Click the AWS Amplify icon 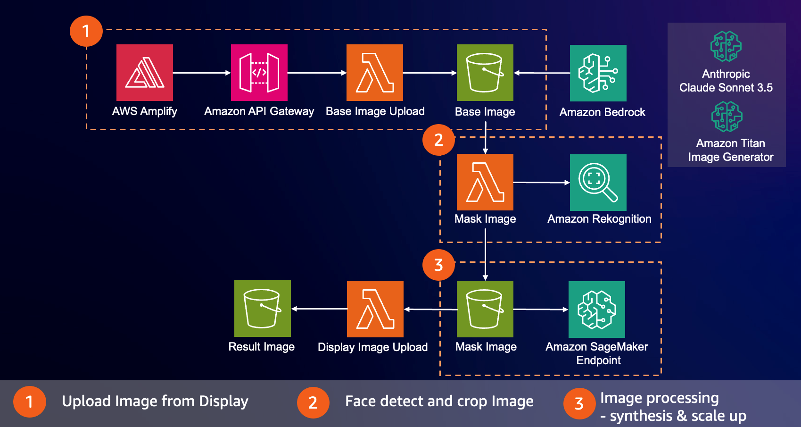point(145,73)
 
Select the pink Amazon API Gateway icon point(259,73)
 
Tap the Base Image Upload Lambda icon point(375,73)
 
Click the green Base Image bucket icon point(485,73)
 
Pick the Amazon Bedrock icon point(598,73)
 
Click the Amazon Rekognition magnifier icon point(598,183)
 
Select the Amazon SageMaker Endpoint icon point(597,310)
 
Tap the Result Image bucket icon point(263,309)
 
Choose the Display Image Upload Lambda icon point(375,309)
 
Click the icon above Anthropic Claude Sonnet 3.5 point(726,46)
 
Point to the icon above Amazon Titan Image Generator point(727,117)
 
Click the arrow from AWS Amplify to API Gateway point(202,73)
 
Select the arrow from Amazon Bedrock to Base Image point(542,73)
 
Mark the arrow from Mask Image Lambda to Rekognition point(541,182)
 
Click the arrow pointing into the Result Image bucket point(319,309)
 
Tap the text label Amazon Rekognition point(599,219)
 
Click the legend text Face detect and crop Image point(439,401)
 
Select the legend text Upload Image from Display point(155,401)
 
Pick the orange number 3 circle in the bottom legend point(579,403)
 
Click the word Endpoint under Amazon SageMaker point(598,360)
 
